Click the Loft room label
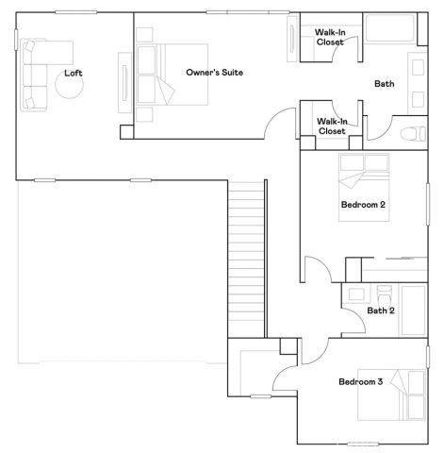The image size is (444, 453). (x=74, y=73)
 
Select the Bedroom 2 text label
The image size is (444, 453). (x=363, y=204)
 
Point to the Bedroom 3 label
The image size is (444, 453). (x=361, y=381)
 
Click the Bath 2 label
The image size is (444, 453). (x=381, y=310)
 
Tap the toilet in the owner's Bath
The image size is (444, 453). (x=409, y=132)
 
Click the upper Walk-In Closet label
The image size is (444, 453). (x=329, y=38)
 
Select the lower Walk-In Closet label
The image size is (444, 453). (x=331, y=126)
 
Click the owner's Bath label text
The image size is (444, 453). (x=385, y=84)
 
